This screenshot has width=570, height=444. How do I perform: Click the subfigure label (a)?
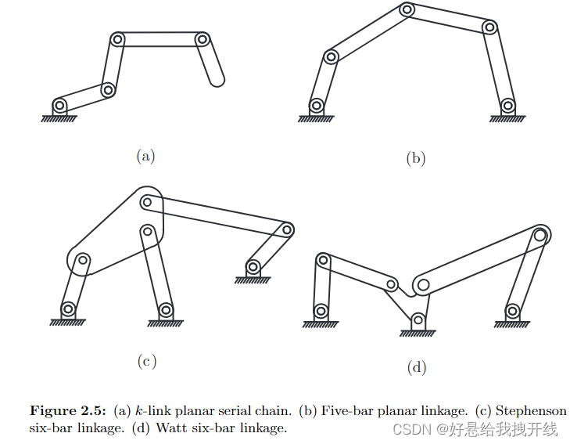coord(145,156)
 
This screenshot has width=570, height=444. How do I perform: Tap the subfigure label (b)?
coord(415,158)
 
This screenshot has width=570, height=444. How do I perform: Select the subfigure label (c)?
coord(146,361)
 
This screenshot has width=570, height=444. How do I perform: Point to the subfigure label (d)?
coord(417,366)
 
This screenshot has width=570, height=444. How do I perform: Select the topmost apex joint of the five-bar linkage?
coord(407,10)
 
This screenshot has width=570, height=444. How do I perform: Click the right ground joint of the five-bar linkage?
coord(508,105)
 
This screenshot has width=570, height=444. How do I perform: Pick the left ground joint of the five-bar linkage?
coord(316,105)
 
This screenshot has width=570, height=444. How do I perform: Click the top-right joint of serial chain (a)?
coord(203,39)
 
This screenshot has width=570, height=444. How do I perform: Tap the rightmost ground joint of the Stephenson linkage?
coord(253,268)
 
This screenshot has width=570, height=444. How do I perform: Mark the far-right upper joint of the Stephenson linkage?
coord(288,229)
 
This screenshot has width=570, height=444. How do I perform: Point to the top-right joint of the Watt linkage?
coord(540,233)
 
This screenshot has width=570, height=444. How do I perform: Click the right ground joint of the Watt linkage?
coord(512,311)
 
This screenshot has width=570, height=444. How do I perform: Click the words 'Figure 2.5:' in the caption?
coord(69,411)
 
